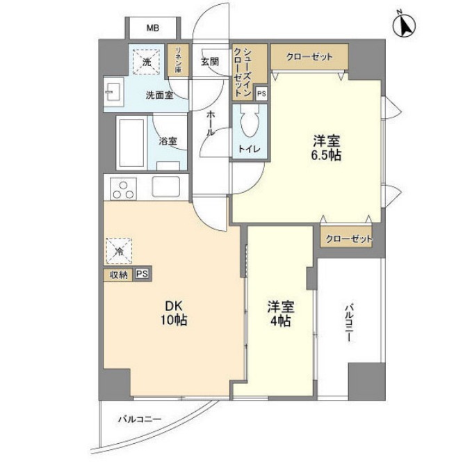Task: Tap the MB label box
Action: click(152, 29)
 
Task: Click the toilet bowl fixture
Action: click(249, 125)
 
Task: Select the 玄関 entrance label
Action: click(210, 61)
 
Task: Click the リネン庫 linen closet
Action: click(179, 61)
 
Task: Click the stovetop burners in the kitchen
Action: click(124, 189)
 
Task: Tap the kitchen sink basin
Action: click(165, 187)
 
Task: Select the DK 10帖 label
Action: click(175, 313)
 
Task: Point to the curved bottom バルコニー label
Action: click(139, 419)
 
